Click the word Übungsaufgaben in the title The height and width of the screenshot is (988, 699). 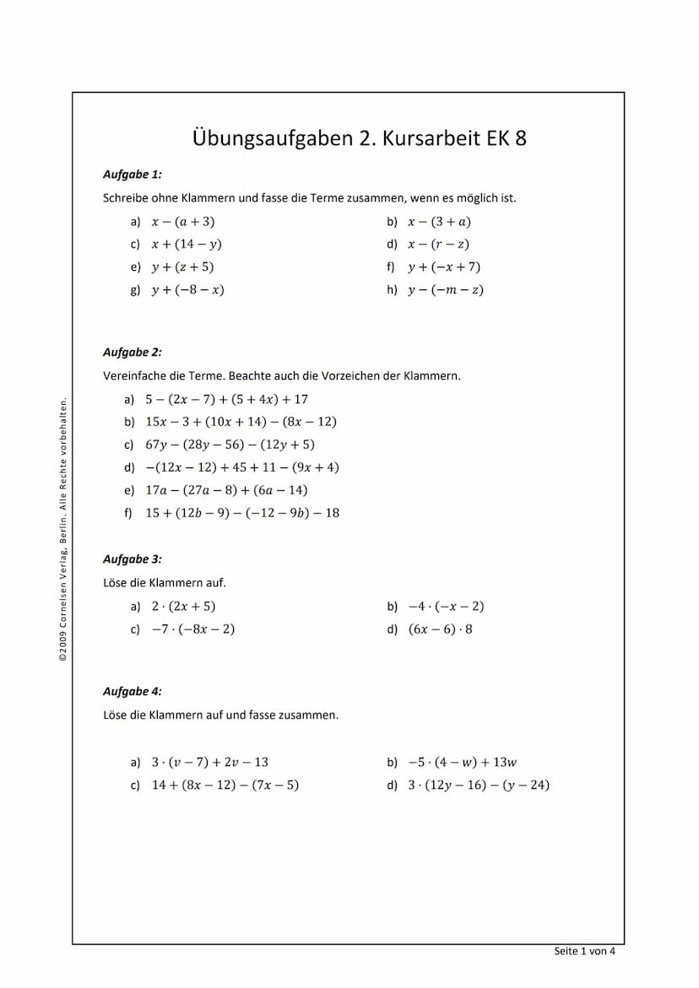click(270, 138)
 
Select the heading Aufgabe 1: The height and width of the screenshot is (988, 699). click(132, 175)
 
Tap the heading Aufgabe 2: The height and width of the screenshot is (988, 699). click(132, 353)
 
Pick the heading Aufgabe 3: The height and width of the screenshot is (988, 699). click(132, 559)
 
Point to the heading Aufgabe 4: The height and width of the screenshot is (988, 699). click(132, 692)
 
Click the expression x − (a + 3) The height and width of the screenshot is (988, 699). click(183, 222)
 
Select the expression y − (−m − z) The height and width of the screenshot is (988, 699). click(445, 290)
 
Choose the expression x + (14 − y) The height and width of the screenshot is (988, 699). click(187, 245)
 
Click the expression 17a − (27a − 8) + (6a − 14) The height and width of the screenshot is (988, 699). click(226, 490)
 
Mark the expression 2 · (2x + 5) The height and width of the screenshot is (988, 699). click(183, 607)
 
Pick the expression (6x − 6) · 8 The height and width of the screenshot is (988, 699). click(441, 629)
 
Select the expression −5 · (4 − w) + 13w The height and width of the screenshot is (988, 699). click(462, 763)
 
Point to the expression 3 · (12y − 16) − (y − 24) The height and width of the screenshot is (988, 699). click(479, 786)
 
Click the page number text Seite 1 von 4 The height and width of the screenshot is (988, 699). click(584, 952)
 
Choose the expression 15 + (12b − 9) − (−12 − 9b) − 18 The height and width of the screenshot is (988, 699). click(242, 513)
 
